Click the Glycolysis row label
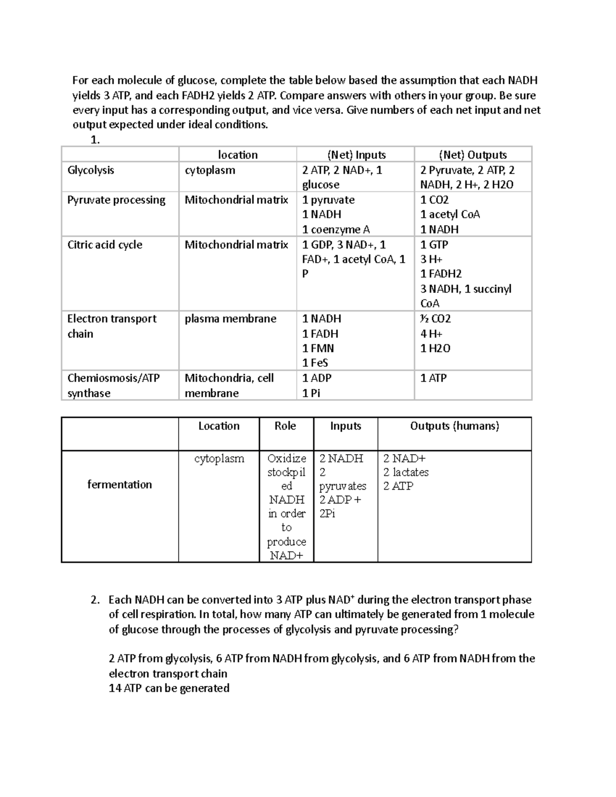[x=91, y=170]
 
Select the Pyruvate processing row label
[x=116, y=200]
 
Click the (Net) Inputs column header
[x=356, y=155]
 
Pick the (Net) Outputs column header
[x=473, y=155]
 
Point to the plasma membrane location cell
[x=230, y=319]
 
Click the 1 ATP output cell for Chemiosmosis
[x=433, y=378]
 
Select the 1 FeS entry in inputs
[x=315, y=363]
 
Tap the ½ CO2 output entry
[x=435, y=319]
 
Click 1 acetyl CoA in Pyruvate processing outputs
[x=450, y=215]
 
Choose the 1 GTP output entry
[x=434, y=245]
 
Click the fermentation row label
[x=120, y=484]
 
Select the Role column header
[x=285, y=426]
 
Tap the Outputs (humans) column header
[x=454, y=426]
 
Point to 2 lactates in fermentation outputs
[x=406, y=472]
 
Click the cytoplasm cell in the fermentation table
[x=219, y=459]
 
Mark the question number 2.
[x=94, y=600]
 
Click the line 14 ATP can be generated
[x=169, y=688]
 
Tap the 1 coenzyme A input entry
[x=336, y=229]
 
